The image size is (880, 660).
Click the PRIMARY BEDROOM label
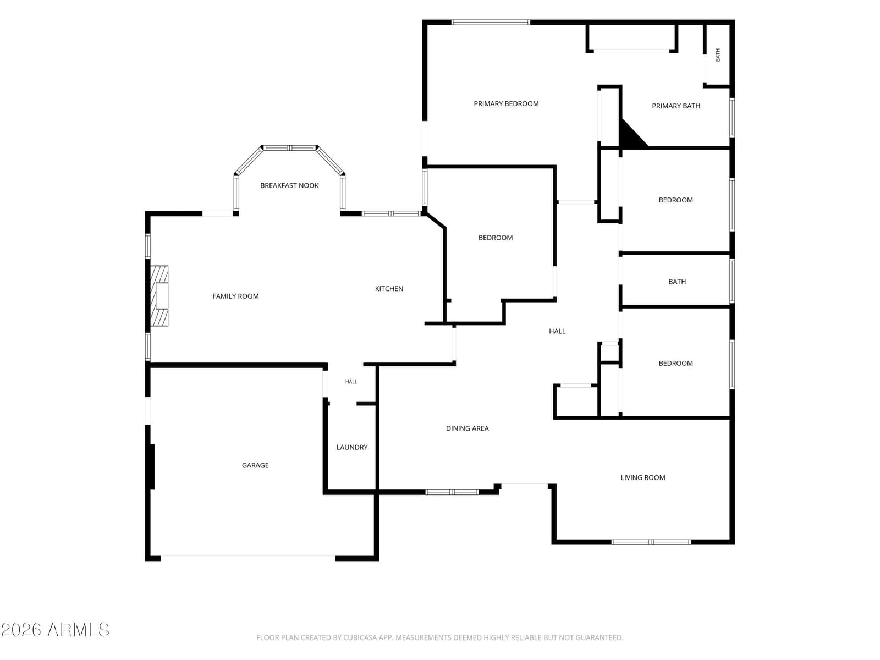pyautogui.click(x=506, y=104)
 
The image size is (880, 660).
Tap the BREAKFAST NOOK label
pyautogui.click(x=289, y=185)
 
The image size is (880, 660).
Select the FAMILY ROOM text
pyautogui.click(x=235, y=296)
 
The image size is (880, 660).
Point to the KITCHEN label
pyautogui.click(x=389, y=289)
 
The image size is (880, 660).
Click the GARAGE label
pyautogui.click(x=255, y=465)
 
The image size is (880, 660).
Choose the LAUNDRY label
pyautogui.click(x=351, y=447)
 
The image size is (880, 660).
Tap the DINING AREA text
pyautogui.click(x=467, y=428)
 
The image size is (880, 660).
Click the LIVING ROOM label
pyautogui.click(x=642, y=477)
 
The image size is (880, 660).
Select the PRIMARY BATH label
pyautogui.click(x=676, y=106)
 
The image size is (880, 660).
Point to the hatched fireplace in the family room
pyautogui.click(x=159, y=296)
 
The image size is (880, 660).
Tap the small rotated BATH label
pyautogui.click(x=718, y=55)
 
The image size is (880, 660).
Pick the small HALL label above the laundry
pyautogui.click(x=351, y=382)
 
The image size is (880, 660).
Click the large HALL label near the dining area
pyautogui.click(x=557, y=331)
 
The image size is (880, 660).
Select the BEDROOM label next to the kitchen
pyautogui.click(x=495, y=238)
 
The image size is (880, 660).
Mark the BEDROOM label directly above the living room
pyautogui.click(x=675, y=364)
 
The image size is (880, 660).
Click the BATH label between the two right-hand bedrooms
pyautogui.click(x=676, y=282)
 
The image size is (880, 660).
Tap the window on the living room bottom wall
pyautogui.click(x=651, y=542)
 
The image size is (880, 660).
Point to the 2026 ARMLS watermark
pyautogui.click(x=55, y=630)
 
